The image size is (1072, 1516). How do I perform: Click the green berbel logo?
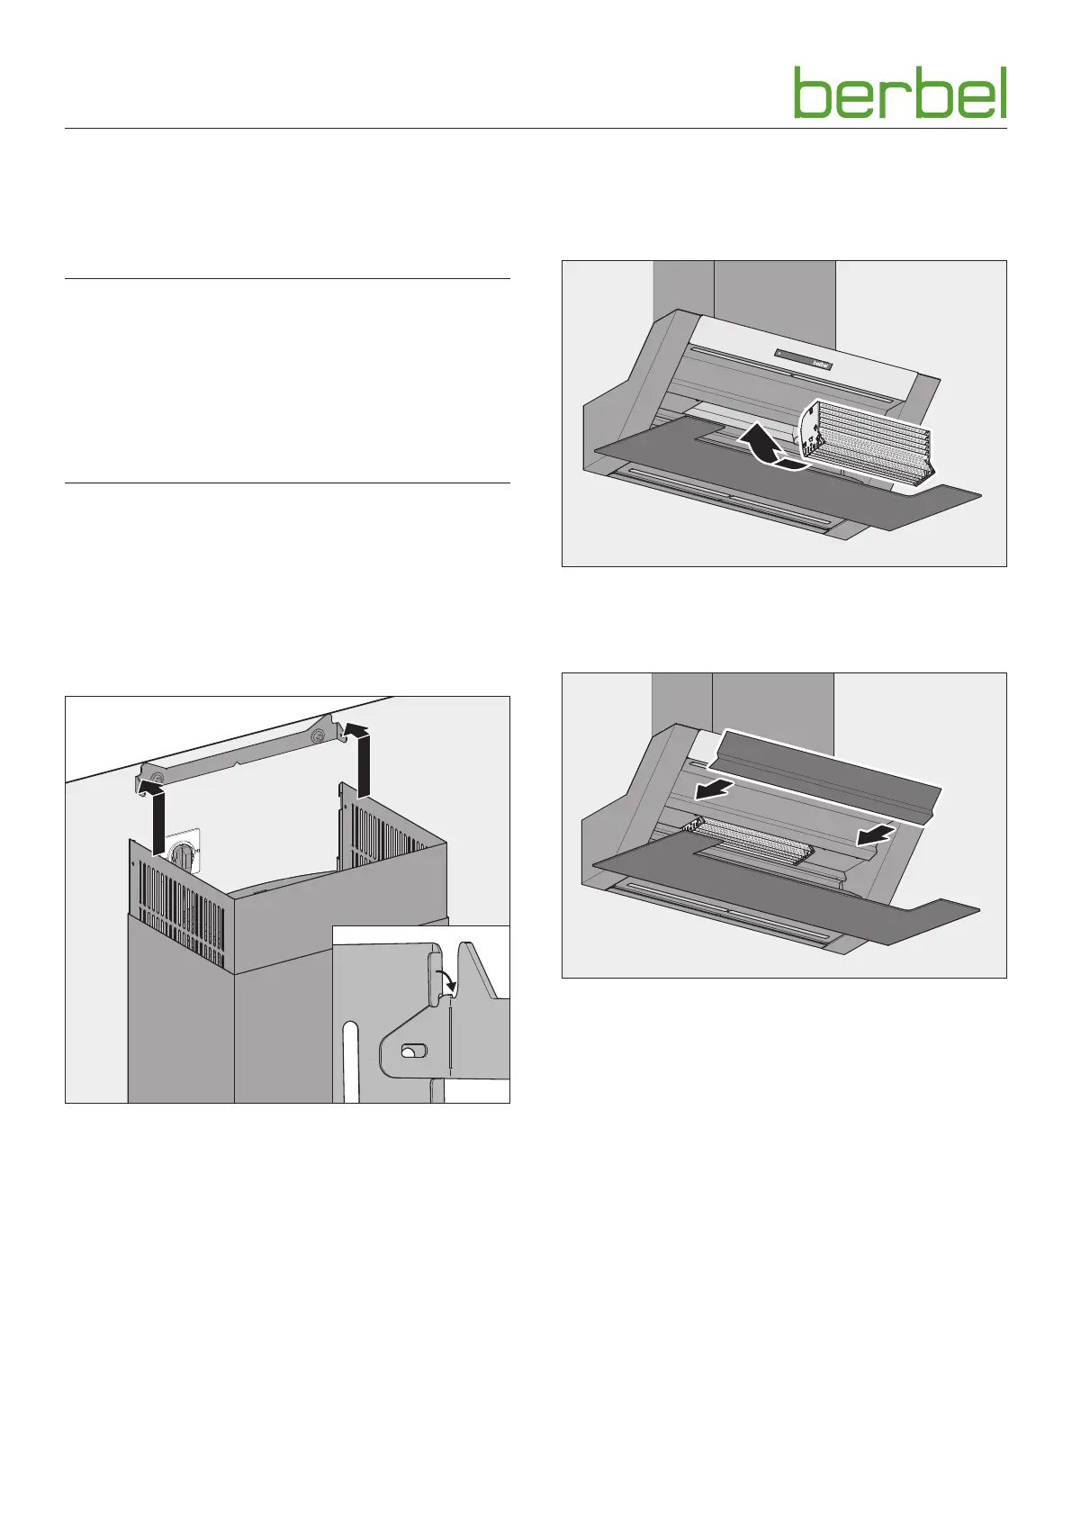point(899,93)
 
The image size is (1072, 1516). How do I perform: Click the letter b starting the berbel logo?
point(811,93)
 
